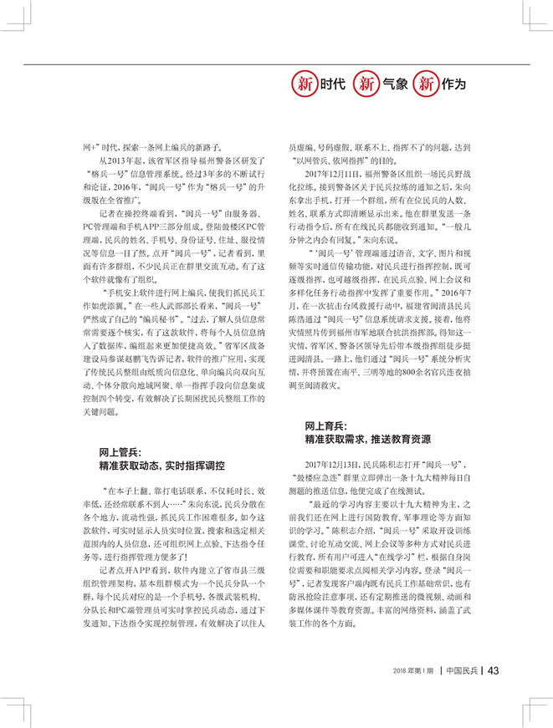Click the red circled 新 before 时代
[x=303, y=84]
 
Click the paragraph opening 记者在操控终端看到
[x=133, y=214]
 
